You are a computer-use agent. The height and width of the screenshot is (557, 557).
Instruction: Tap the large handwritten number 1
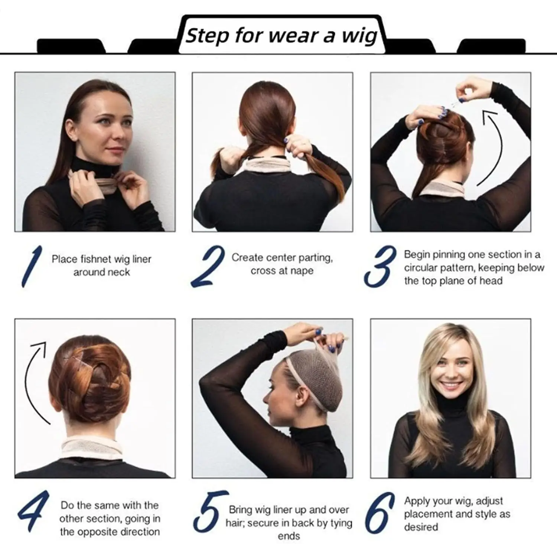coord(32,266)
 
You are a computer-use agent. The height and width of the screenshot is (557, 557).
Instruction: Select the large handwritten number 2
coord(208,266)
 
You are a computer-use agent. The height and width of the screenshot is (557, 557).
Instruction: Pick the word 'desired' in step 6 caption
coord(421,527)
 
